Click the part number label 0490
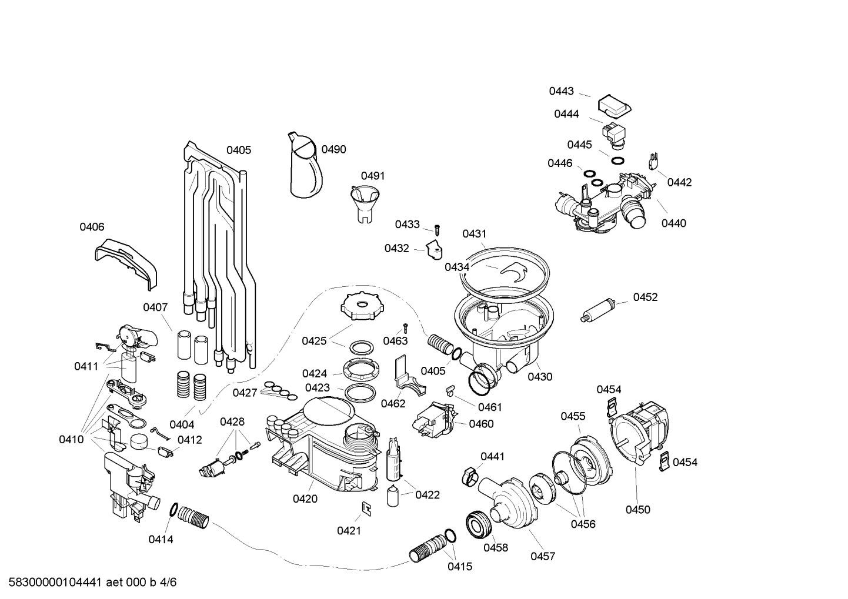(x=334, y=149)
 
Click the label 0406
(x=92, y=227)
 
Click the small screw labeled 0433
(x=437, y=229)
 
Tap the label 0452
(x=645, y=297)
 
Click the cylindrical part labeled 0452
(x=599, y=309)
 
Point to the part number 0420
(x=305, y=499)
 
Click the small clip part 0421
(x=366, y=508)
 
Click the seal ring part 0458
(x=479, y=524)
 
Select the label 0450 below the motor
(x=638, y=510)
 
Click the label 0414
(x=161, y=539)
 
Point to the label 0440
(x=673, y=223)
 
